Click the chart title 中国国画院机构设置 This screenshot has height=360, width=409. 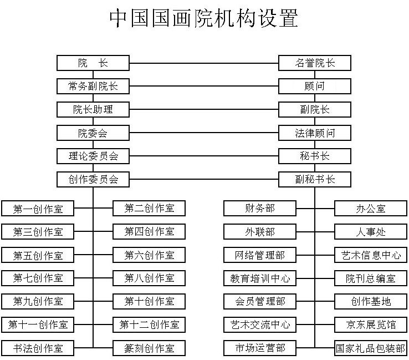point(204,18)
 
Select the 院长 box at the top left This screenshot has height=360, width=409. point(93,63)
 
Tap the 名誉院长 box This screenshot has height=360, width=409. point(315,63)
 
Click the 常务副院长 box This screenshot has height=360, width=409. point(93,86)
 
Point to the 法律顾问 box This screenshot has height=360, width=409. point(315,133)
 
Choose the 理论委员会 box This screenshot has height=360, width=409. point(93,156)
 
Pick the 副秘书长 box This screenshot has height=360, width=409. point(315,179)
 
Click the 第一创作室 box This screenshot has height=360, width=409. point(38,209)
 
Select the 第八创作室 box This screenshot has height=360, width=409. point(149,278)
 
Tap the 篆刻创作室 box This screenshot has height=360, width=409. point(149,348)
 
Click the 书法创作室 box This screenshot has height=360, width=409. point(38,348)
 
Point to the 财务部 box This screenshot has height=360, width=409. point(260,209)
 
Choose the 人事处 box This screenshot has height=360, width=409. point(371,231)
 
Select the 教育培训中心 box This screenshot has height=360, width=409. point(260,278)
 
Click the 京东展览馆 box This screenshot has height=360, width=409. point(371,324)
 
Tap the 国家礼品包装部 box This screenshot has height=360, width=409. point(371,348)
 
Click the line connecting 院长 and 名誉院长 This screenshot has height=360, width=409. point(204,63)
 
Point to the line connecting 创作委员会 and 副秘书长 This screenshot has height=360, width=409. point(204,179)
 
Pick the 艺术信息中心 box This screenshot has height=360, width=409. point(371,255)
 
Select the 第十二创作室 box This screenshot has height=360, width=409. point(149,324)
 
